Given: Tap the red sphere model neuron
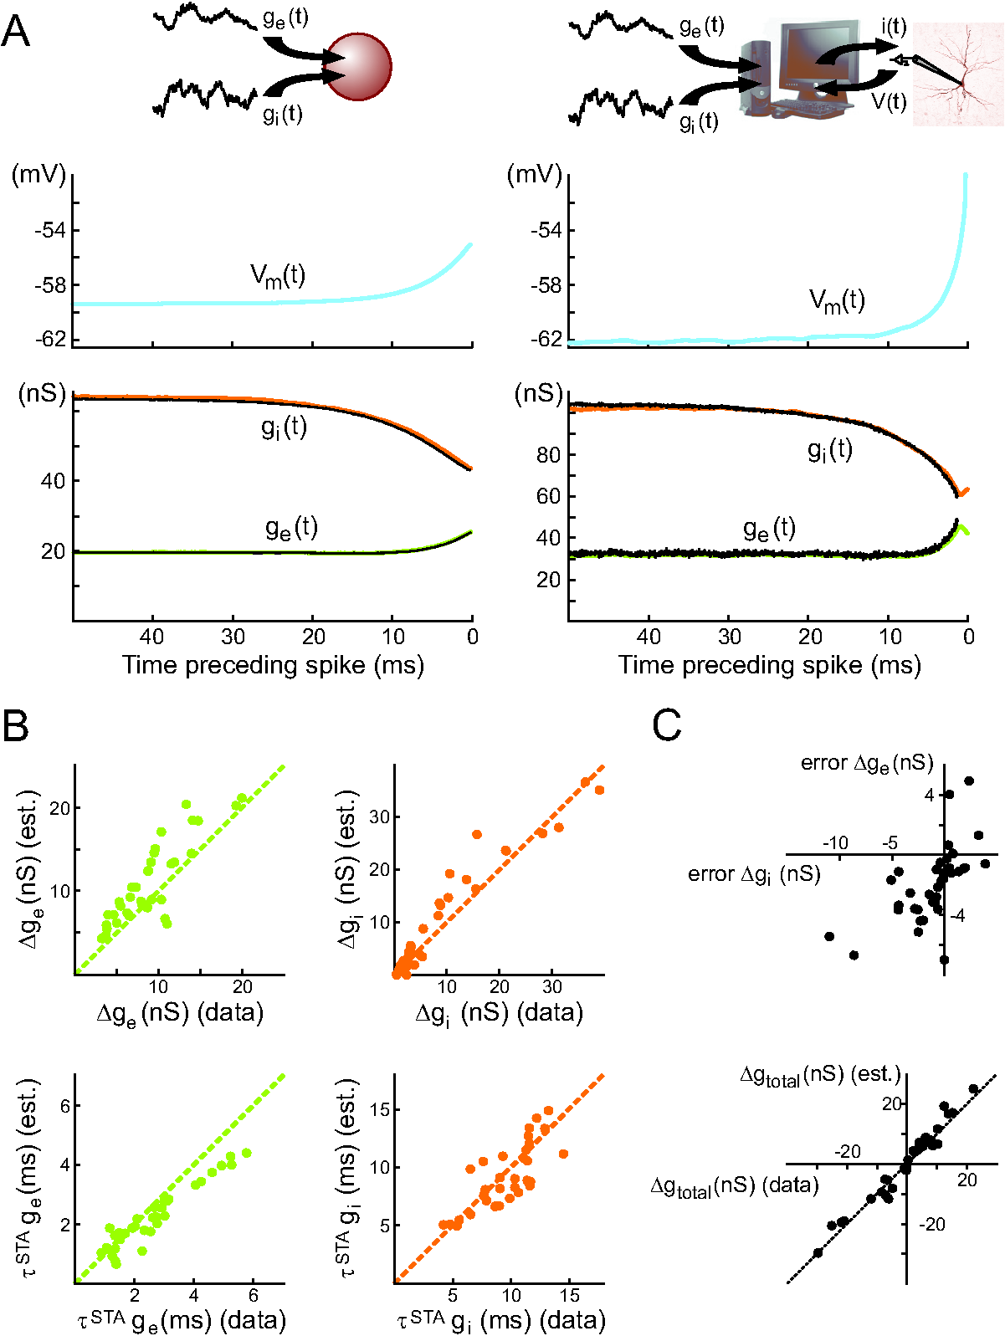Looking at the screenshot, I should coord(358,67).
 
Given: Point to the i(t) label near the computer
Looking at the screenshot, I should coord(893,27).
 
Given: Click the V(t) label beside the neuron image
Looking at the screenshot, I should coord(889,101).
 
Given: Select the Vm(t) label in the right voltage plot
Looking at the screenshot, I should coord(837,300).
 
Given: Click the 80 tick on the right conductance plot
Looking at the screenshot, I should coord(548,455).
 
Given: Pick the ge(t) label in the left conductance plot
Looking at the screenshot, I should coord(291,528).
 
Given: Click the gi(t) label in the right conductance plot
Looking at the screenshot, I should coord(829,450).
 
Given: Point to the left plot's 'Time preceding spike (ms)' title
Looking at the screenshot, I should coord(273,665).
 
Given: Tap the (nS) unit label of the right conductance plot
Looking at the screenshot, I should coord(538,393).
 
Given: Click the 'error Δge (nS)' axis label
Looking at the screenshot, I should coord(866,763).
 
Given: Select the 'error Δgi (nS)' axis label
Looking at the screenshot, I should coord(753,875).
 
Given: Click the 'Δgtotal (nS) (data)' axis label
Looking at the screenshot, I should coord(734,1185).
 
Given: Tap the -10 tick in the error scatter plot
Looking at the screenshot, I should coord(835,842).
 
